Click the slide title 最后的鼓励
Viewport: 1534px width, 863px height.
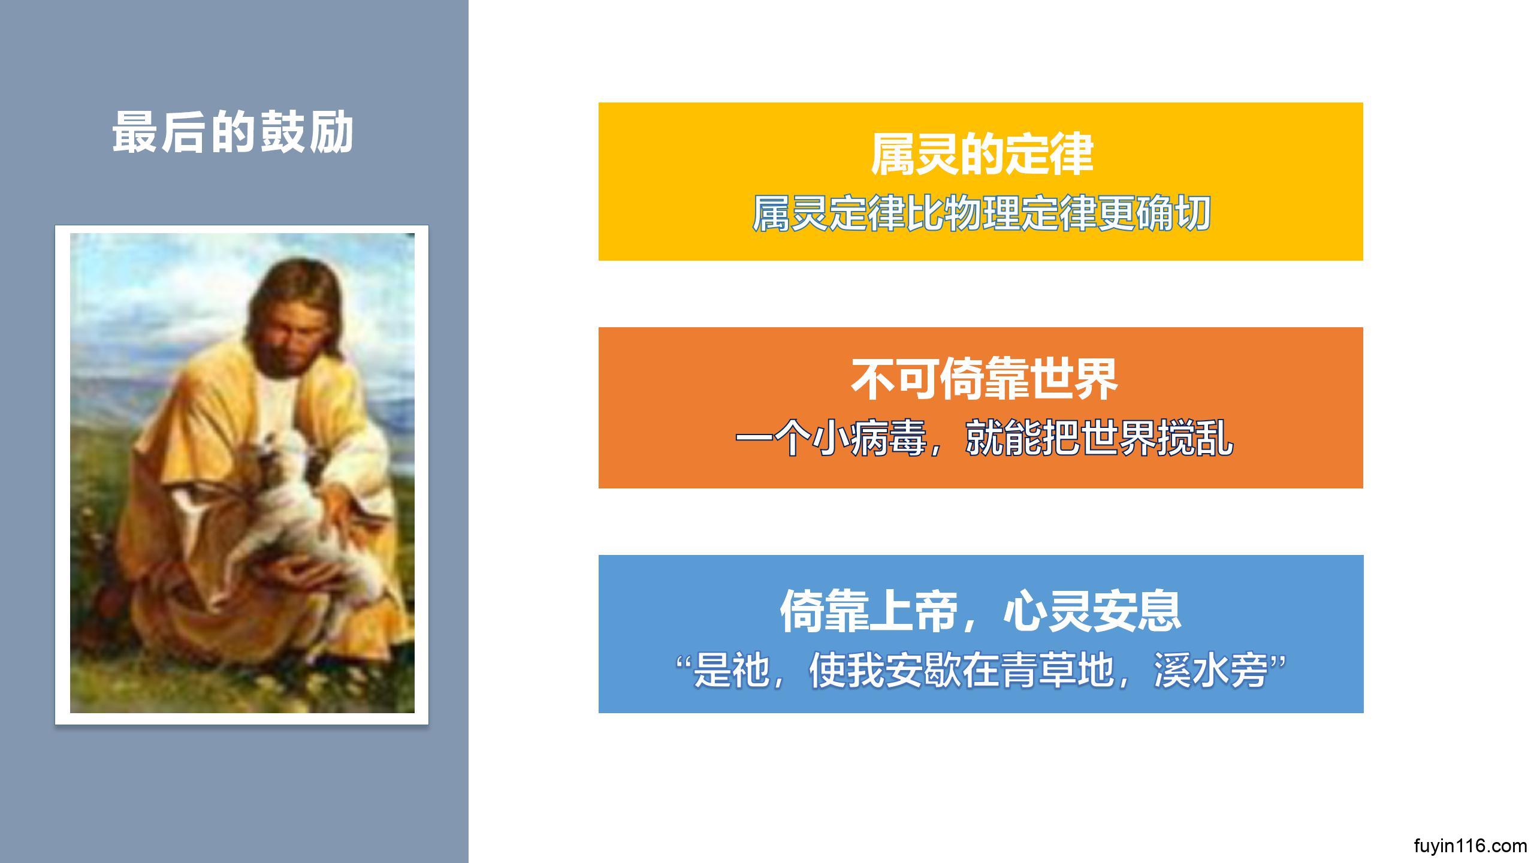(x=232, y=132)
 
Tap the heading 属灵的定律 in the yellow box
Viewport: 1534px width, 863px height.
(x=982, y=155)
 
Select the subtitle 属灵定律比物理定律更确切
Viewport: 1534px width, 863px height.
(x=982, y=213)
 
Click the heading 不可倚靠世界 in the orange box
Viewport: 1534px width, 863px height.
(x=984, y=379)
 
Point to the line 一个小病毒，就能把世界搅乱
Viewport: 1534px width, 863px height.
(x=984, y=439)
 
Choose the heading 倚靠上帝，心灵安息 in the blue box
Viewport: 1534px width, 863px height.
(x=980, y=611)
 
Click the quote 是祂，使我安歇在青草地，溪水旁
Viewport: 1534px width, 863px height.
(x=980, y=671)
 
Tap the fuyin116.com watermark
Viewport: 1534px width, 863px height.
(x=1470, y=846)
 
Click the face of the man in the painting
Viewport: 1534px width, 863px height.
(x=292, y=336)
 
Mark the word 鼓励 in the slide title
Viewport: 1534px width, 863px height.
(x=306, y=132)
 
